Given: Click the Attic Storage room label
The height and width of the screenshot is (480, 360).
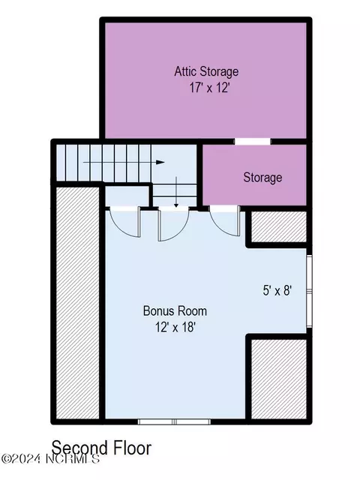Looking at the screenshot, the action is click(206, 71).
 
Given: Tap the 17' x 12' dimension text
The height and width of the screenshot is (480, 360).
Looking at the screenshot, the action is click(209, 88).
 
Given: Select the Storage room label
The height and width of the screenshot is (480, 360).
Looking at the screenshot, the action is click(262, 178).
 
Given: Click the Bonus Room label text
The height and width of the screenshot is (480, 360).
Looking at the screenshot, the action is click(175, 310).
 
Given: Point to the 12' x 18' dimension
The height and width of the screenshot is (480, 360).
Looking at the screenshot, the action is click(175, 327).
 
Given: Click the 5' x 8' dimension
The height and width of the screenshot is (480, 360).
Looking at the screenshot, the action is click(277, 290).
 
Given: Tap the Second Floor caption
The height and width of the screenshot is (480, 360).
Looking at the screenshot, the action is click(101, 448).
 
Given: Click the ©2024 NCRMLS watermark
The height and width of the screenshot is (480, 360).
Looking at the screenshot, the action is click(50, 459).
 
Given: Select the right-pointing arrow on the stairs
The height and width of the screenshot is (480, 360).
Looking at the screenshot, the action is click(124, 162).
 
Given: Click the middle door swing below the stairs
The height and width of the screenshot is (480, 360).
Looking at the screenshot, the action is click(173, 223).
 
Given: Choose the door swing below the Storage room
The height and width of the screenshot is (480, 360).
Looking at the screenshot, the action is click(225, 221).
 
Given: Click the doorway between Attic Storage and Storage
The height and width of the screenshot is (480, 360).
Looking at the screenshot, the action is click(253, 142).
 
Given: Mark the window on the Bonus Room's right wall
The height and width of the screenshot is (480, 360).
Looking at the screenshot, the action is click(309, 291).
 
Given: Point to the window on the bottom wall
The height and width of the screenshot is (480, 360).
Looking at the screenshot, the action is click(174, 421).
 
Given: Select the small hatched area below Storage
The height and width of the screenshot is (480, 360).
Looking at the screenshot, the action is click(278, 226).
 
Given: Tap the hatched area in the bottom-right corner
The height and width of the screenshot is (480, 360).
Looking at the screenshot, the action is click(278, 379).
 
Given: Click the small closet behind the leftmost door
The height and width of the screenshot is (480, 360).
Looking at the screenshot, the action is click(127, 196).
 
